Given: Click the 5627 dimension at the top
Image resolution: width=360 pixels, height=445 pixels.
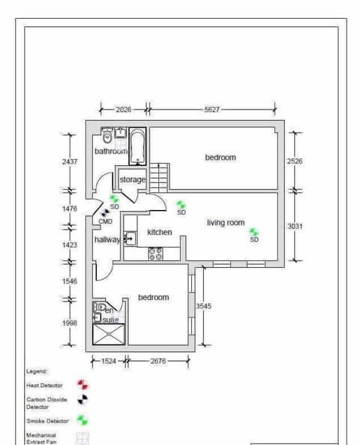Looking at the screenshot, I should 212,110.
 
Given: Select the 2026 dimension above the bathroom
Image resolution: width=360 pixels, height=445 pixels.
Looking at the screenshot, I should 124,110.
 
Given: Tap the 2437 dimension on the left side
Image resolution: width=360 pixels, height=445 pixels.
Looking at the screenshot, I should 70,161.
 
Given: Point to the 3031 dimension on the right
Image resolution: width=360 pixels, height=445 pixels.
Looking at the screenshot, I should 295,226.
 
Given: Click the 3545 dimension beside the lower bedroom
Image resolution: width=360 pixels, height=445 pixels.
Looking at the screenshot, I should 203,306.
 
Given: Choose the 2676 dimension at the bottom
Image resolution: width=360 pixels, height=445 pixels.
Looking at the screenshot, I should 158,361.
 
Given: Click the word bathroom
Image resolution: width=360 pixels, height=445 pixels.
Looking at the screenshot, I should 111,151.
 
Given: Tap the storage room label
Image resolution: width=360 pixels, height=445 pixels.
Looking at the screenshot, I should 132,180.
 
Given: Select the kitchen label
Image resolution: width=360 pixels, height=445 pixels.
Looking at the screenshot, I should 159,233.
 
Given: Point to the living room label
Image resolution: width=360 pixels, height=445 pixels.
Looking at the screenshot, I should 226,223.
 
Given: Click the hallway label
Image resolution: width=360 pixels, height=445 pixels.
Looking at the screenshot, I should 106,239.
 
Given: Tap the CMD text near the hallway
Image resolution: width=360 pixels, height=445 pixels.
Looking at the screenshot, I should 106,221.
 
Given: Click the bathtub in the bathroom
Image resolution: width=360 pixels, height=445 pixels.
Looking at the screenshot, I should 138,146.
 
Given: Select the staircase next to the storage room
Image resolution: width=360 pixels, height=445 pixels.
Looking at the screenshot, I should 158,177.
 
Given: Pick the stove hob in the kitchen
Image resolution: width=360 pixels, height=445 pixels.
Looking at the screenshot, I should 156,254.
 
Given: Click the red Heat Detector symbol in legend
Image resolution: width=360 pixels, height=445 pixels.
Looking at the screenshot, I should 82,385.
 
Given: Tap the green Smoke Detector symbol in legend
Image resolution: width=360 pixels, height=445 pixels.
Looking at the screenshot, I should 82,421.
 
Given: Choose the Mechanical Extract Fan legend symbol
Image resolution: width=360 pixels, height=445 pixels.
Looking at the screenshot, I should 82,438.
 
